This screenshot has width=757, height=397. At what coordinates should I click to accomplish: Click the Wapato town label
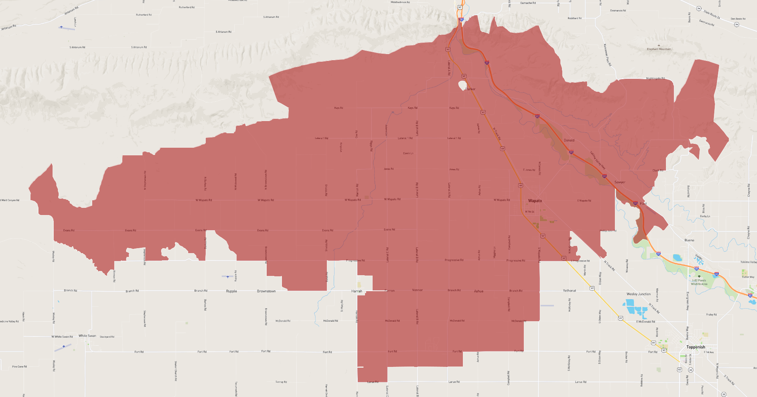(535, 201)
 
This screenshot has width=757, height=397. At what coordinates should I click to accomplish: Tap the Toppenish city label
(696, 347)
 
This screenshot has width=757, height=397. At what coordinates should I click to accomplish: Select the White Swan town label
(87, 336)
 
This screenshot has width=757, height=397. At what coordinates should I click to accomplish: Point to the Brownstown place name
(266, 291)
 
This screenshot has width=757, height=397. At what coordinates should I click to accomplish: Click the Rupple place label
(231, 291)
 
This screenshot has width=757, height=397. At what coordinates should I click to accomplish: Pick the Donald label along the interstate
(569, 140)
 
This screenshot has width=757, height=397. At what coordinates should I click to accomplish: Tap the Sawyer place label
(620, 182)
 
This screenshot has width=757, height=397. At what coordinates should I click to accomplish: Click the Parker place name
(471, 89)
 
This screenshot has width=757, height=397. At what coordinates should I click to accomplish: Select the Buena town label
(689, 240)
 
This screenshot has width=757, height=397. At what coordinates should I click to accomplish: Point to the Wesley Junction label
(639, 294)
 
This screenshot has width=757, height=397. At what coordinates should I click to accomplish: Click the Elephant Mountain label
(659, 49)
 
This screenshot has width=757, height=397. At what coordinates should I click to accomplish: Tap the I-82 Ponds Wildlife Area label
(699, 282)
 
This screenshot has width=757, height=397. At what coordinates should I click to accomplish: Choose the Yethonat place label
(570, 290)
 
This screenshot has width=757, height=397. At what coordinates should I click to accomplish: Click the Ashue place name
(479, 291)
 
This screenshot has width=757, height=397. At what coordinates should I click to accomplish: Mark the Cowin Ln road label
(408, 153)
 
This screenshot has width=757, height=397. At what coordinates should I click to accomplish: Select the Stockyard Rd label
(107, 337)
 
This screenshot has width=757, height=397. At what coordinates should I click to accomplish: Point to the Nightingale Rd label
(655, 78)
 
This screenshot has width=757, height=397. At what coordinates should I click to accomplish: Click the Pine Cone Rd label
(19, 367)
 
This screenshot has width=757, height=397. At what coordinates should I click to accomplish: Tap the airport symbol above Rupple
(228, 277)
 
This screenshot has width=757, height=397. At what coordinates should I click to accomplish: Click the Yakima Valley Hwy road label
(597, 160)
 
